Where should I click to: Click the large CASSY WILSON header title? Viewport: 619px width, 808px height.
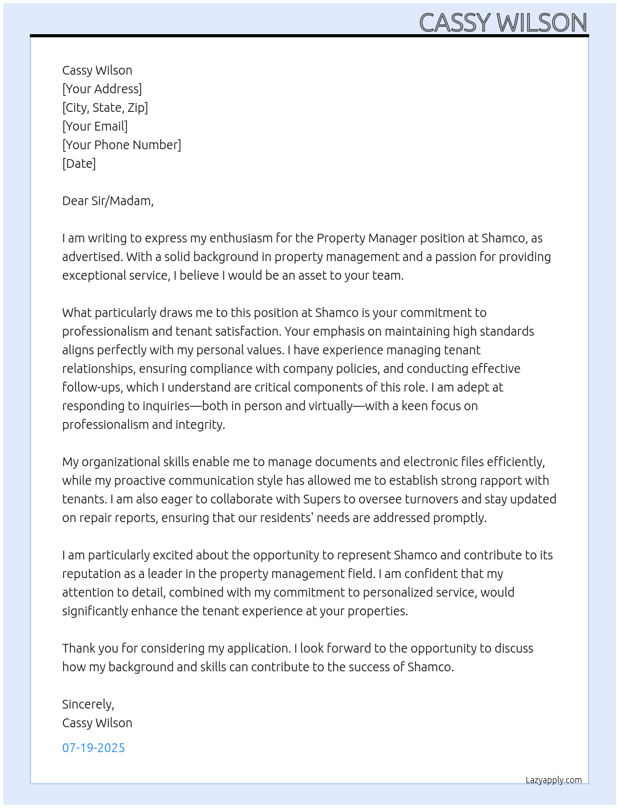503,22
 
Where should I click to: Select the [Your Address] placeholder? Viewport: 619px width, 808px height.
102,89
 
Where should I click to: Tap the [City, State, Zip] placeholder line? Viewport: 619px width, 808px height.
105,108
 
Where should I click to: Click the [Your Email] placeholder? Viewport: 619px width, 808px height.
95,126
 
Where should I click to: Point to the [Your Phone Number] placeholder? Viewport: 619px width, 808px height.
122,145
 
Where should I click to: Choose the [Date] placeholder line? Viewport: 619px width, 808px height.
79,163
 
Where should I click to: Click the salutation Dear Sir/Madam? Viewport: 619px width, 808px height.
108,201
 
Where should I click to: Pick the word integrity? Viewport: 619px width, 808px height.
200,425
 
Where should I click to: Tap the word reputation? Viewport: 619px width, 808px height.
91,574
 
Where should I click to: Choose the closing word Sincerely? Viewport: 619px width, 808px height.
88,704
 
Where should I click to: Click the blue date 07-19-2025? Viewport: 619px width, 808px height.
93,748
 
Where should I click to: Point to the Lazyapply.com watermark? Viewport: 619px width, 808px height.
554,780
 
